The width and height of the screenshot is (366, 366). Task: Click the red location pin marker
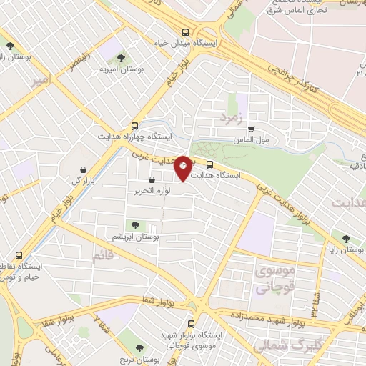tap(184, 167)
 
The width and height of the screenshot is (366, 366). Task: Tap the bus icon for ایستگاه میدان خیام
tap(186, 31)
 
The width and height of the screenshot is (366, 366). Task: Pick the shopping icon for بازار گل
tap(85, 169)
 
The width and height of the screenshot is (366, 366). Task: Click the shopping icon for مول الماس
tap(250, 128)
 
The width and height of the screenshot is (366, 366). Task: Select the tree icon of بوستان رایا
tap(346, 239)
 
